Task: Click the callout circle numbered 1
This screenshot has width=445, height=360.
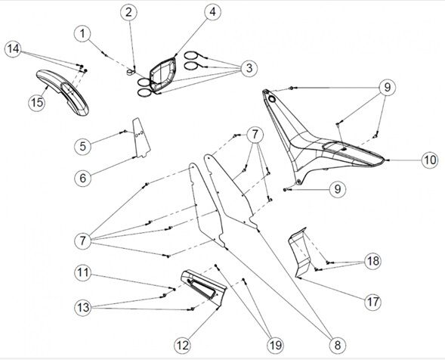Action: tap(82, 34)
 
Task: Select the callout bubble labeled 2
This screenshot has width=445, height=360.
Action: tap(128, 13)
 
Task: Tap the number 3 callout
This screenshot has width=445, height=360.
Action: tap(249, 68)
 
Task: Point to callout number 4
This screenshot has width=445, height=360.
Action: tap(212, 12)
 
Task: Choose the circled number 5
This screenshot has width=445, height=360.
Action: tap(82, 146)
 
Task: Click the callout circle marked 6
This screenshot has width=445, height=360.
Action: tap(82, 178)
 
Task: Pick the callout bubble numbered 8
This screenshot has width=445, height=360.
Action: tap(337, 345)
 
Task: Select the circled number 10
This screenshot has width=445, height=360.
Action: tap(430, 160)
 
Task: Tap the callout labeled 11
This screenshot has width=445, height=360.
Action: tap(83, 273)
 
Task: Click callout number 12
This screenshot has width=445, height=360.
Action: tap(183, 346)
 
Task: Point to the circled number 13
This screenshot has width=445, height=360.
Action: tap(83, 307)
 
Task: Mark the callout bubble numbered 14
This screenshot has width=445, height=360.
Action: tap(14, 49)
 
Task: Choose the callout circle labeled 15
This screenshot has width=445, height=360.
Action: tap(37, 102)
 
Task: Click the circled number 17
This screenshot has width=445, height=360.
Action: tap(372, 302)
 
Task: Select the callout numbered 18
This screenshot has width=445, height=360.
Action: tap(372, 261)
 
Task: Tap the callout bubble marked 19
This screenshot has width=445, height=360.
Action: tap(275, 345)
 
